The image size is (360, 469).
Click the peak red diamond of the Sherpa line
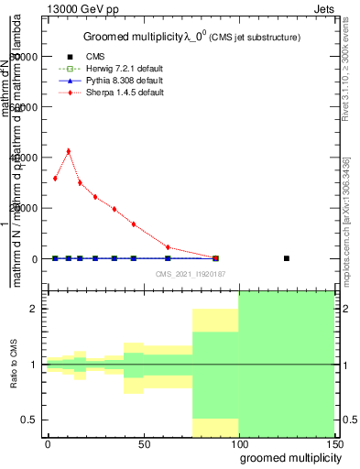click(x=68, y=151)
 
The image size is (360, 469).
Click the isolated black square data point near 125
click(x=287, y=258)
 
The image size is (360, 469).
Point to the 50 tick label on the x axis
click(x=144, y=443)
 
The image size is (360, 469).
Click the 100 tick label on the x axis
click(x=238, y=443)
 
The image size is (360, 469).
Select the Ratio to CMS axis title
click(x=14, y=365)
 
